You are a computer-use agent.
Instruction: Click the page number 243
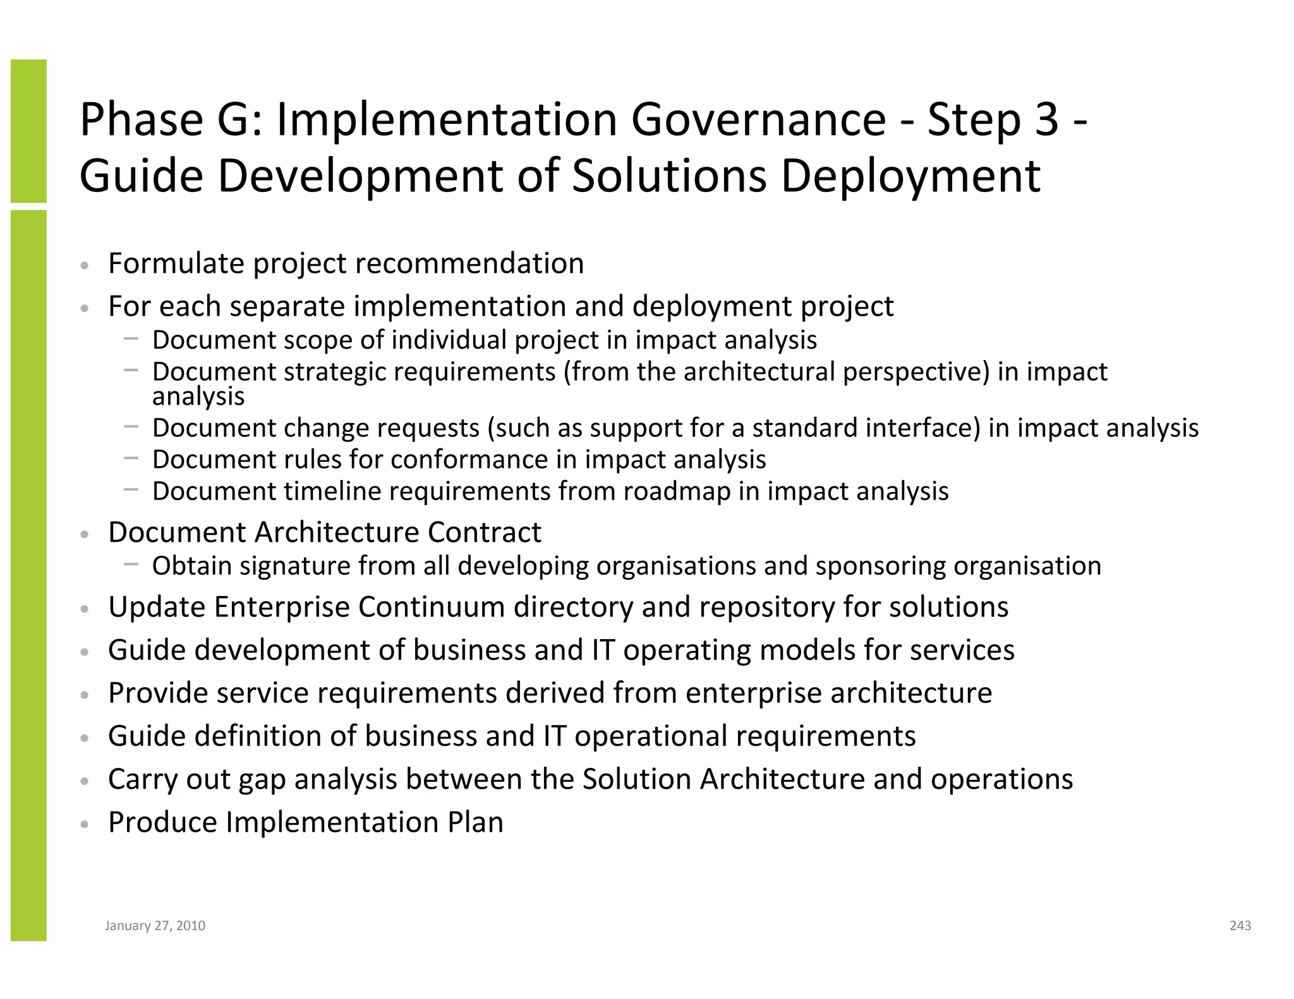[x=1240, y=926]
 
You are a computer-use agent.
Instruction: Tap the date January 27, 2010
[x=155, y=926]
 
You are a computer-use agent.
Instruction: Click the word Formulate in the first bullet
[x=176, y=263]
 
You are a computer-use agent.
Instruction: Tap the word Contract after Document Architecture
[x=484, y=532]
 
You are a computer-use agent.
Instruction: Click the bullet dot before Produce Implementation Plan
[x=84, y=824]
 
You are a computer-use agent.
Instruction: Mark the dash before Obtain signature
[x=131, y=565]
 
